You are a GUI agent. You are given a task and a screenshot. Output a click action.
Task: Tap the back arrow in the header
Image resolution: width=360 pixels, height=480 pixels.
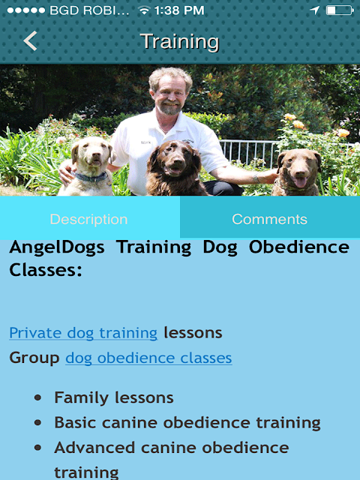30,40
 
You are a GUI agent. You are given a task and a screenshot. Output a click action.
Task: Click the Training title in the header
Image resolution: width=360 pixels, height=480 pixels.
180,42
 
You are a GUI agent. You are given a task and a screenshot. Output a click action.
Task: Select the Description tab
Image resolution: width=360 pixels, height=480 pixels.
88,219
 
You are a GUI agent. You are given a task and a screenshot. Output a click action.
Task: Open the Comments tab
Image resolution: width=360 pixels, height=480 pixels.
270,219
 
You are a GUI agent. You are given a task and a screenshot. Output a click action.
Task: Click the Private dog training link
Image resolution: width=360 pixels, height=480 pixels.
83,333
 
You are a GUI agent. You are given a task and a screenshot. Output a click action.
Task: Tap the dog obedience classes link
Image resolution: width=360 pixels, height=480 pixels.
148,358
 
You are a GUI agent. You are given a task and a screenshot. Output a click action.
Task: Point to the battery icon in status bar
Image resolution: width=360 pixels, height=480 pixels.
340,10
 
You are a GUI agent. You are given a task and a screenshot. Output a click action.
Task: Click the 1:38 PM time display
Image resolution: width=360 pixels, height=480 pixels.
179,10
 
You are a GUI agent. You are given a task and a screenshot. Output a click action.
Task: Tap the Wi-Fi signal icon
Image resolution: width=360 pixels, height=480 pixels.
143,11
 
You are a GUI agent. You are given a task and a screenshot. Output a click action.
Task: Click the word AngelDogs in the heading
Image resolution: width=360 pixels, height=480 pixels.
57,247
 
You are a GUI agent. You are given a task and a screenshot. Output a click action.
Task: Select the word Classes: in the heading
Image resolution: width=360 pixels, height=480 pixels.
46,270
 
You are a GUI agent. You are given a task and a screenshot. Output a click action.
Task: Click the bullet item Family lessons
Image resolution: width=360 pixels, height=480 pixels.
114,397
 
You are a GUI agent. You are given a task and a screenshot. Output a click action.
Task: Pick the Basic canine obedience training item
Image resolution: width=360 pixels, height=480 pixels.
187,423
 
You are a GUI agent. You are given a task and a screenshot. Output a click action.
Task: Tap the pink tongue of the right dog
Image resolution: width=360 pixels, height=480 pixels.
300,182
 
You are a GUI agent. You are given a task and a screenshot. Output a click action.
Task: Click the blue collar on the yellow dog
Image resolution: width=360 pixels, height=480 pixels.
91,177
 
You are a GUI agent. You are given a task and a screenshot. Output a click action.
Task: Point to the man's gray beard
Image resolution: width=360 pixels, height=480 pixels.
170,108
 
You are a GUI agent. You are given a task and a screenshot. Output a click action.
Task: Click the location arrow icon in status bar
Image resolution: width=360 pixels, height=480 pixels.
315,10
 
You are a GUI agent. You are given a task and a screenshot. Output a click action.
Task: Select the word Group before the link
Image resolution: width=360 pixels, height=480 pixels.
34,358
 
